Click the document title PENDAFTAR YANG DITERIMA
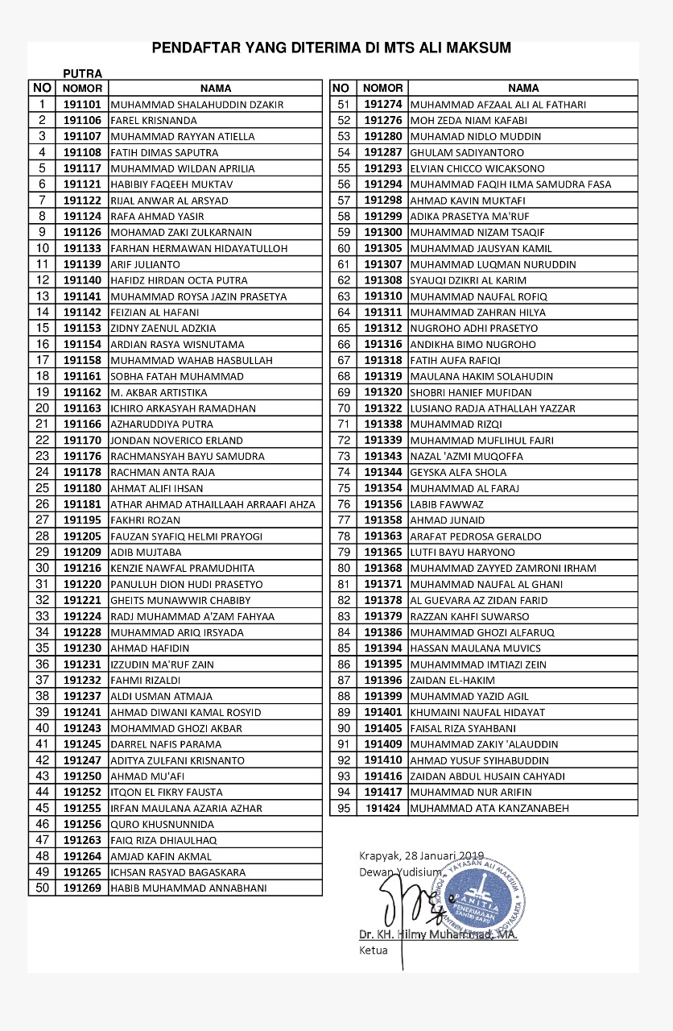pos(331,48)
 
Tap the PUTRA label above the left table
pos(83,74)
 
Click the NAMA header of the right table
pos(523,88)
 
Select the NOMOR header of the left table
pos(82,89)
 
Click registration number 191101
pos(82,105)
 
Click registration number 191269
pos(82,888)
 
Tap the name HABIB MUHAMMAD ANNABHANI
pos(188,888)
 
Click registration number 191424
pos(382,808)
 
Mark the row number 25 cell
pos(43,488)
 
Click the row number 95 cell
pos(344,808)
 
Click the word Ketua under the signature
pos(373,950)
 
